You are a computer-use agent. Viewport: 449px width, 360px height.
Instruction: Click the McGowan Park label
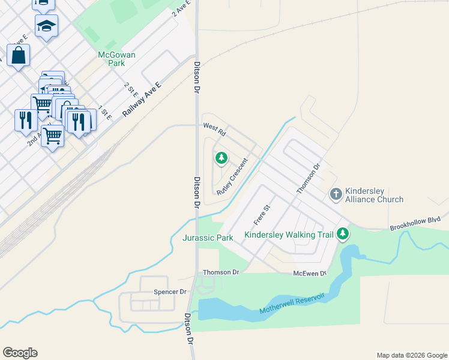(117, 59)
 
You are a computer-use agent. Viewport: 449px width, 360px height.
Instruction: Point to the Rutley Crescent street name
(232, 176)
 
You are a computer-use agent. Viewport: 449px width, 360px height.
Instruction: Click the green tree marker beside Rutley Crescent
(221, 158)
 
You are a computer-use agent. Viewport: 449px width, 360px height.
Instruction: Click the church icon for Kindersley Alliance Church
(336, 194)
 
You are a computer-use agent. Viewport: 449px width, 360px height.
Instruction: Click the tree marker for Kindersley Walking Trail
(343, 233)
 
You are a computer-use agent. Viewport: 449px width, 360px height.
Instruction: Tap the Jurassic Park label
(208, 238)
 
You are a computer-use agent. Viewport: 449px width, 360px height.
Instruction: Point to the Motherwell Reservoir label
(292, 304)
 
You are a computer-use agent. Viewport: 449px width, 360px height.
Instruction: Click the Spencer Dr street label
(170, 292)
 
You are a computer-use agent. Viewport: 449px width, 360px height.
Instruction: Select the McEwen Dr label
(310, 274)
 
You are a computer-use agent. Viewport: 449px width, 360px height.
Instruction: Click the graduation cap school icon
(46, 26)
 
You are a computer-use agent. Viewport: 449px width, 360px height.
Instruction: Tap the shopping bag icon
(19, 55)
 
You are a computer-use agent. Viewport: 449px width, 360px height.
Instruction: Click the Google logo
(20, 353)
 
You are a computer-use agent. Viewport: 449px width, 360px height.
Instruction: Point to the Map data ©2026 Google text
(412, 355)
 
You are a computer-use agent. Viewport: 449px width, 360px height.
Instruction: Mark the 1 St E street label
(105, 112)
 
